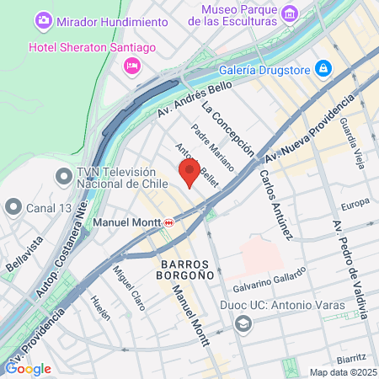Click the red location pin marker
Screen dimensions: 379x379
pyautogui.click(x=189, y=173)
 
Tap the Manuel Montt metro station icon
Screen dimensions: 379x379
pyautogui.click(x=169, y=222)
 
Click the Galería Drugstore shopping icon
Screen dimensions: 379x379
pyautogui.click(x=323, y=67)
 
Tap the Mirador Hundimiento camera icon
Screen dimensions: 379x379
pyautogui.click(x=43, y=19)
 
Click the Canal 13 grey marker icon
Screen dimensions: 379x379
pyautogui.click(x=13, y=206)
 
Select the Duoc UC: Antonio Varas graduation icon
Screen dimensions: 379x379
pyautogui.click(x=243, y=323)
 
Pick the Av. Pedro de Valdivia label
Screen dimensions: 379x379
pyautogui.click(x=349, y=270)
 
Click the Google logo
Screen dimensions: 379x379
pyautogui.click(x=28, y=368)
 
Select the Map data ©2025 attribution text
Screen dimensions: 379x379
pyautogui.click(x=341, y=372)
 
